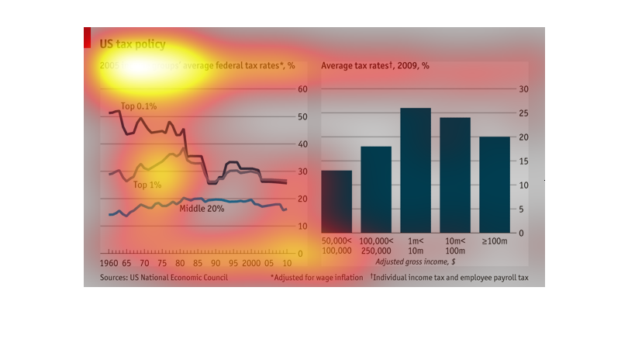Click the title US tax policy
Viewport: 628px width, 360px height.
pos(133,44)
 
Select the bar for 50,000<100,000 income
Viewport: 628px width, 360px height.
pos(336,202)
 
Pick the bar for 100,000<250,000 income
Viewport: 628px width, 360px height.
pos(376,190)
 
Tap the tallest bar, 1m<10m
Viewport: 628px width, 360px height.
pos(416,171)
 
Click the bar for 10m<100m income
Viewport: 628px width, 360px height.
pos(455,175)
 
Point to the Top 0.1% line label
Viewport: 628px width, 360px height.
pos(139,106)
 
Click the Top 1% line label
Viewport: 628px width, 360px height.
pos(147,185)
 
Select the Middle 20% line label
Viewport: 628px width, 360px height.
pos(202,209)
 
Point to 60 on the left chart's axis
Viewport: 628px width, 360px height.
pos(304,89)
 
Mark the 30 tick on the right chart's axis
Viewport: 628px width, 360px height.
pos(523,89)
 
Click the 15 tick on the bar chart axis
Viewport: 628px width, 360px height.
pos(523,161)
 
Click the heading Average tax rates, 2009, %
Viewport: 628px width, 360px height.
pos(375,66)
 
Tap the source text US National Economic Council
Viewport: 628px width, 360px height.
pos(164,277)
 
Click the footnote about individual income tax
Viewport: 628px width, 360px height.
pos(449,277)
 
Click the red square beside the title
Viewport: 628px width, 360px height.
pos(88,37)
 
